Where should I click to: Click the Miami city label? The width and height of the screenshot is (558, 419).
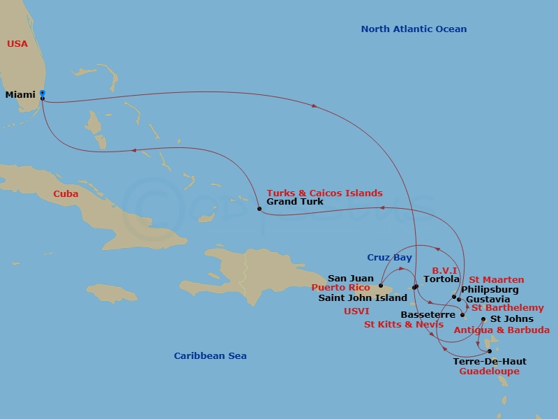pyautogui.click(x=20, y=95)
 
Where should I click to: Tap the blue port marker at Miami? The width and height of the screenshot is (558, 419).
pyautogui.click(x=43, y=93)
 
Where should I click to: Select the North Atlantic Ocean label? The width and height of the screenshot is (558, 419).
pyautogui.click(x=414, y=29)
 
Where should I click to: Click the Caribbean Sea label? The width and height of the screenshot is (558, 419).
pyautogui.click(x=210, y=356)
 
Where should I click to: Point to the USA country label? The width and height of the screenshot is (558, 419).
pyautogui.click(x=17, y=44)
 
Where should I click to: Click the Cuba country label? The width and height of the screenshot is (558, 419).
pyautogui.click(x=66, y=194)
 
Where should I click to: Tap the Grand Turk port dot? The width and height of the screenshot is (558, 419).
pyautogui.click(x=259, y=209)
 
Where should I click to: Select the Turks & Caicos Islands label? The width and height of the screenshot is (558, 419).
pyautogui.click(x=324, y=193)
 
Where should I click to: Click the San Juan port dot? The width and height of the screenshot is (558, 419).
pyautogui.click(x=381, y=286)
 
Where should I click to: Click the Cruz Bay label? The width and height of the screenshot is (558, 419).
pyautogui.click(x=390, y=258)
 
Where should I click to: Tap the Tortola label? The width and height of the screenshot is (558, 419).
pyautogui.click(x=442, y=279)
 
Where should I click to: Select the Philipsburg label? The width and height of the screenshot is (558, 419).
pyautogui.click(x=490, y=290)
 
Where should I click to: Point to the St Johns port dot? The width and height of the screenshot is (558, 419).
pyautogui.click(x=484, y=319)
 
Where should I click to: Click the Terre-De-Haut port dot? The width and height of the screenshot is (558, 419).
pyautogui.click(x=490, y=351)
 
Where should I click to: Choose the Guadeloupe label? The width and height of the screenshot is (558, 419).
pyautogui.click(x=489, y=372)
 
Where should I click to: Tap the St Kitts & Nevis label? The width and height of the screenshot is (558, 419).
pyautogui.click(x=404, y=325)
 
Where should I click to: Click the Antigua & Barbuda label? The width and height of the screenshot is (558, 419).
pyautogui.click(x=502, y=330)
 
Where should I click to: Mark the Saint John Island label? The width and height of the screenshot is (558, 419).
pyautogui.click(x=363, y=297)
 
